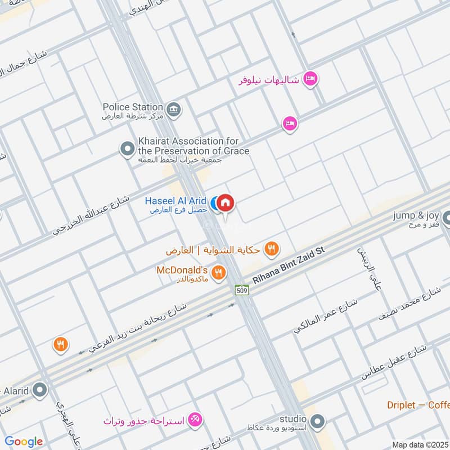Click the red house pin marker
[225, 202]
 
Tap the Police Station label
[133, 107]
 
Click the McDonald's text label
[183, 271]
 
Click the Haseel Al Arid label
[175, 201]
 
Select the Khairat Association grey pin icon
[128, 149]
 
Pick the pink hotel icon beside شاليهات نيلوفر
[310, 79]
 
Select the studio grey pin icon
[318, 421]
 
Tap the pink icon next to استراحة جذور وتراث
[195, 419]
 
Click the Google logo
[24, 442]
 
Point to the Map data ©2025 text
[420, 444]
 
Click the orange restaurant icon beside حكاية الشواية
[272, 248]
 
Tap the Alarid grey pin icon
[40, 389]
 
